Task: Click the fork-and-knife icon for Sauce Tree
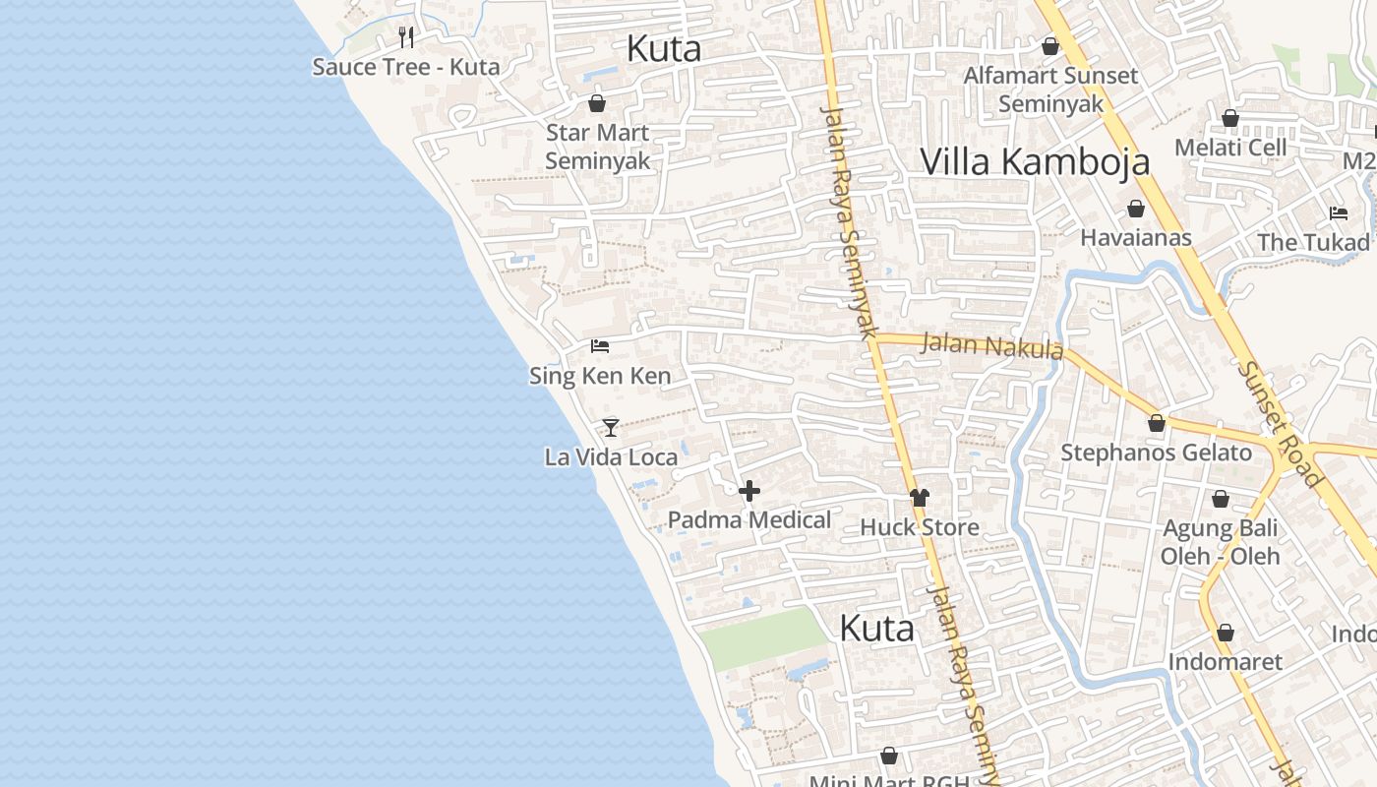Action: point(406,37)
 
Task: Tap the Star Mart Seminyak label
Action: point(597,147)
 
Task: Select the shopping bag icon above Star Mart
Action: point(597,102)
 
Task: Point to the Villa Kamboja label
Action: point(1034,161)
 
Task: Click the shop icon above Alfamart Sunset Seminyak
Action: point(1050,45)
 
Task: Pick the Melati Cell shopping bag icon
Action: point(1230,118)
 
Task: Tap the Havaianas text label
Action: point(1135,237)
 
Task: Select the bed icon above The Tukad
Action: point(1338,212)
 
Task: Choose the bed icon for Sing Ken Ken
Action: point(600,345)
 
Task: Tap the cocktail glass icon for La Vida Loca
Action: point(611,427)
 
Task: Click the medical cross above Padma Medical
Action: point(749,491)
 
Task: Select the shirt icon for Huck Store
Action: point(920,498)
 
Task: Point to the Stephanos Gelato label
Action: point(1156,453)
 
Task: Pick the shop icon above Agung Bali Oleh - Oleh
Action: point(1221,499)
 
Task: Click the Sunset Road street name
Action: point(1280,424)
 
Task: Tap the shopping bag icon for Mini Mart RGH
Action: point(889,756)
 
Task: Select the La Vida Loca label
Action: point(611,457)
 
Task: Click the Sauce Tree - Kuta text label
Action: point(406,67)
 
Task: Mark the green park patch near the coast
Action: point(762,637)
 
